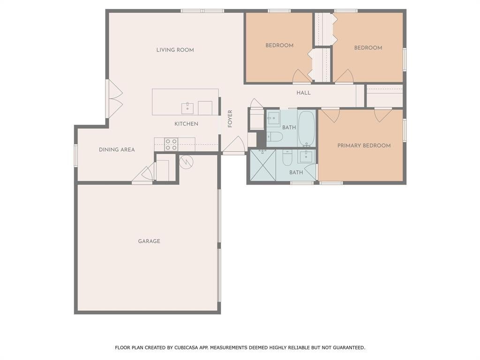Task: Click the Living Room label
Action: pos(175,50)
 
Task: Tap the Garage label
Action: pos(149,241)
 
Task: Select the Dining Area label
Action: pos(117,150)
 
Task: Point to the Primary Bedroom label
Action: pos(364,146)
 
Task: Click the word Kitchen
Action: pos(187,124)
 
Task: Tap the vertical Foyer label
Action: pos(230,119)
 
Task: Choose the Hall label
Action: pos(303,93)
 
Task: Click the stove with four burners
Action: pos(171,144)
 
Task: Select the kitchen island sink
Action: pos(187,108)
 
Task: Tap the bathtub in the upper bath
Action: pos(307,128)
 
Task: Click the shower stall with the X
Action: pos(263,165)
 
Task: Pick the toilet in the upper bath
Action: pos(274,137)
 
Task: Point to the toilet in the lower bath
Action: pos(287,157)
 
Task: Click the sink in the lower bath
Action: pos(306,156)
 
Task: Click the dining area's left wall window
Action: pos(75,156)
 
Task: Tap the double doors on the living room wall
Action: pos(114,98)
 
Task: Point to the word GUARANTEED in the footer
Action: pos(349,347)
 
